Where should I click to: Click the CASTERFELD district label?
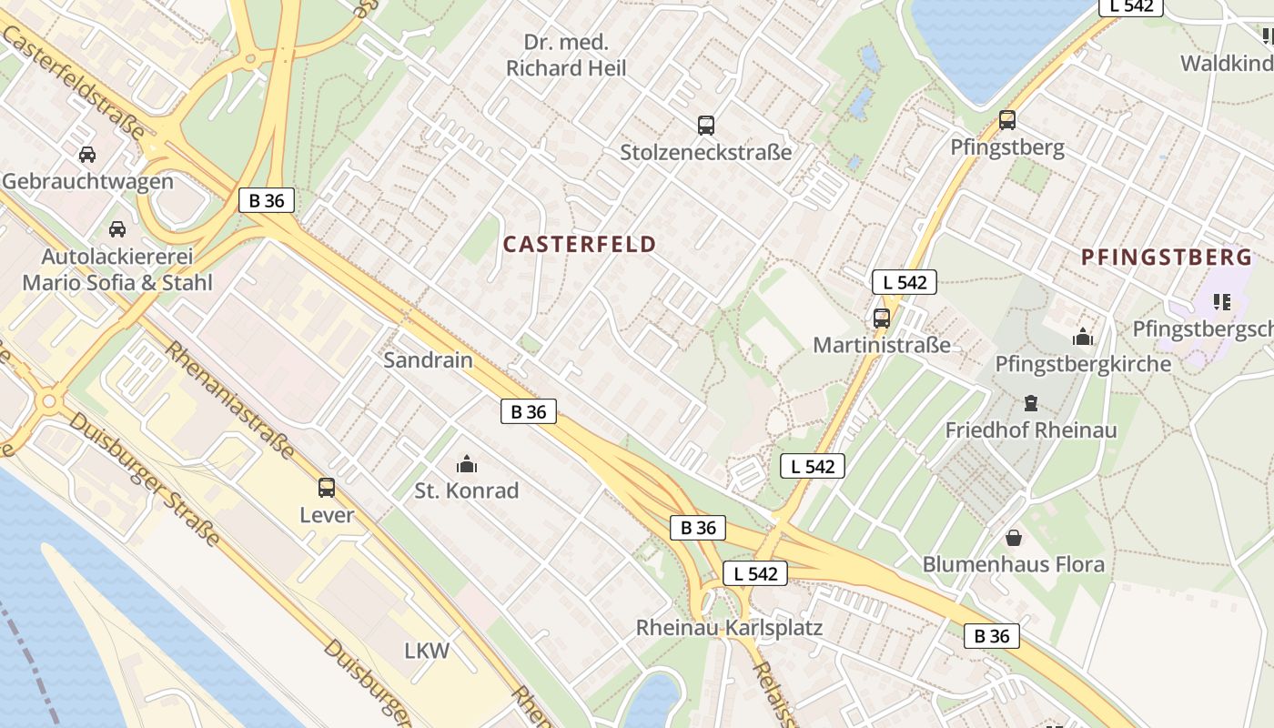pos(579,244)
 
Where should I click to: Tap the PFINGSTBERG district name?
pos(1167,258)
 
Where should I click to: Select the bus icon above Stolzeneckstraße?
pos(705,126)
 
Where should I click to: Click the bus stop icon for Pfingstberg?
pos(1006,120)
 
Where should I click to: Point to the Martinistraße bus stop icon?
pos(881,318)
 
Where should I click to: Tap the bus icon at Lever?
pos(327,488)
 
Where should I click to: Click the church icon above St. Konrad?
pos(467,465)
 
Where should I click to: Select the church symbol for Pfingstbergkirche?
pos(1083,338)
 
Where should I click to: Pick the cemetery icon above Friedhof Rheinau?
pos(1031,402)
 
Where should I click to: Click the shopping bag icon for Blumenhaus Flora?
pos(1013,538)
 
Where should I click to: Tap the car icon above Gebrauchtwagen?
pos(87,155)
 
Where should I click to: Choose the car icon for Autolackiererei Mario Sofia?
pos(116,229)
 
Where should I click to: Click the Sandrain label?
pos(428,359)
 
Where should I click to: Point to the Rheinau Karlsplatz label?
pos(729,628)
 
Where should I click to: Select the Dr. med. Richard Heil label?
pos(566,56)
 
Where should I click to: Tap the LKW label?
pos(427,651)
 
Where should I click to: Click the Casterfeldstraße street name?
pos(73,82)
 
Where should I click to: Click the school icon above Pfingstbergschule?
pos(1221,301)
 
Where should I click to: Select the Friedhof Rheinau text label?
pos(1031,430)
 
